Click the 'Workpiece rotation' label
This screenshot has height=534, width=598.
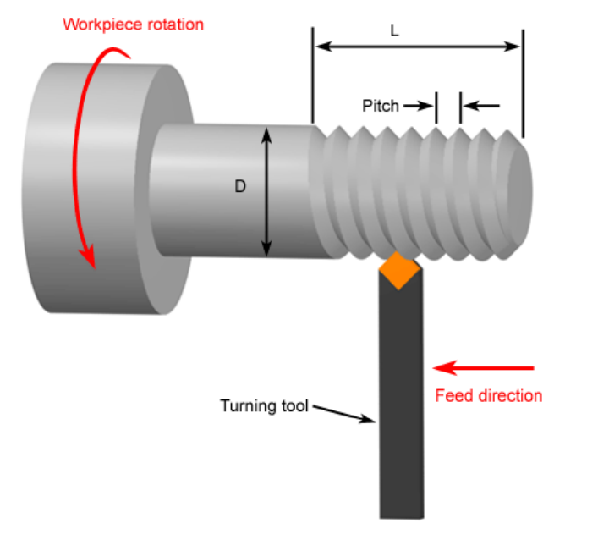[133, 24]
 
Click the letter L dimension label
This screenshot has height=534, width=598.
[394, 30]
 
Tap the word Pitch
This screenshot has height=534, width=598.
[380, 106]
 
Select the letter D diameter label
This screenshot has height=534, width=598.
[240, 187]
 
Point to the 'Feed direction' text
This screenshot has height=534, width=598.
[488, 395]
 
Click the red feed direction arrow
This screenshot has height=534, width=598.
[486, 368]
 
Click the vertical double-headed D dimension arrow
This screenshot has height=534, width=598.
[267, 190]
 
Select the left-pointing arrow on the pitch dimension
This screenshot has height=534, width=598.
[480, 106]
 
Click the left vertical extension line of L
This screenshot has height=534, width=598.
[313, 76]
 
